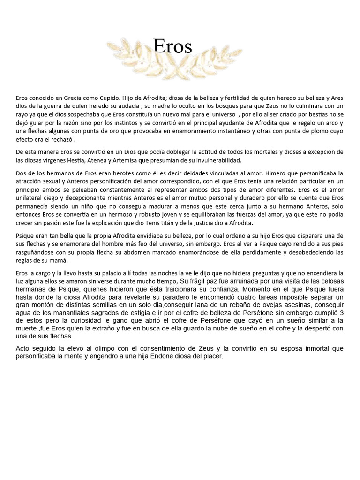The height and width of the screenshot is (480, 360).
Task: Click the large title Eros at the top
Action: pyautogui.click(x=172, y=46)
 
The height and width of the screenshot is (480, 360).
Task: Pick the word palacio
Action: pyautogui.click(x=115, y=273)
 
